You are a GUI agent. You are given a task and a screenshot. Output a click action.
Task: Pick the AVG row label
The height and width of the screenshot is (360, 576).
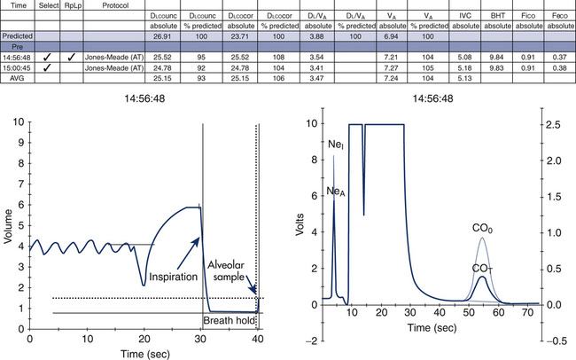[x=15, y=77]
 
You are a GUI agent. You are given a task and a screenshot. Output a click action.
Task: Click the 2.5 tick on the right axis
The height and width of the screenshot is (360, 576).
[x=550, y=125]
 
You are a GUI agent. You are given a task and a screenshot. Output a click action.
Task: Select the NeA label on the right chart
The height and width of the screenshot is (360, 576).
[x=335, y=192]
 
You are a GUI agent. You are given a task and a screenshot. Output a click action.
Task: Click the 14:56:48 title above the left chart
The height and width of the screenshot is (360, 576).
[x=144, y=99]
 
